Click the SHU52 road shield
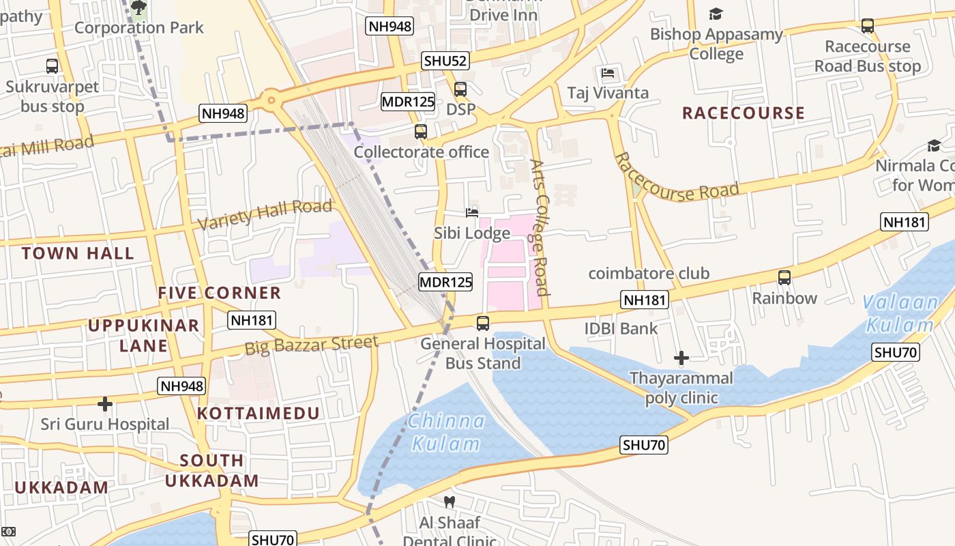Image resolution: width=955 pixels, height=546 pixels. pos(445,61)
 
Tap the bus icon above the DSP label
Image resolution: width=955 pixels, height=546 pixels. pos(460,89)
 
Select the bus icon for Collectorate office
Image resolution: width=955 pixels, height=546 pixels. pos(421,132)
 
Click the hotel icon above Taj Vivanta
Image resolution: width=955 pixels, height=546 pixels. pos(608,73)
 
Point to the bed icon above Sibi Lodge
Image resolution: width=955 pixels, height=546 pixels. pos(472,213)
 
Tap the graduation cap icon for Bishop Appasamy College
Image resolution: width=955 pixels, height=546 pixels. pos(716,14)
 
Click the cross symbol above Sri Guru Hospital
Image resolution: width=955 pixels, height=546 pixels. pos(105,404)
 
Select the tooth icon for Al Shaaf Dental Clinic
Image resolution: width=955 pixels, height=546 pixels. pos(449,502)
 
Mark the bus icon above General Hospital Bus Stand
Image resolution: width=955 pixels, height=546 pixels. pos(483,323)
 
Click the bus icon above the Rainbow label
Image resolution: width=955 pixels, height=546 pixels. pos(784,278)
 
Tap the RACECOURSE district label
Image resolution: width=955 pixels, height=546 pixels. pos(744,113)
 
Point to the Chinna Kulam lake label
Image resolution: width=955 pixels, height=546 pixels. pos(447,433)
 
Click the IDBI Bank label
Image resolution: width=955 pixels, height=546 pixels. pos(621,328)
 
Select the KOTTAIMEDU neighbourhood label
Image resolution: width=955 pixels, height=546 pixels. pos(259,413)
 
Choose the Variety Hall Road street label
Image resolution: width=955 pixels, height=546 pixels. pos(265,214)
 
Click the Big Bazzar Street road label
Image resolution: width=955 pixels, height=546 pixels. pos(311,345)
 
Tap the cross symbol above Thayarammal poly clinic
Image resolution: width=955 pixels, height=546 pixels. pos(681,358)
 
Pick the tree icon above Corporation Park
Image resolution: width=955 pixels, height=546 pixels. pos(138,8)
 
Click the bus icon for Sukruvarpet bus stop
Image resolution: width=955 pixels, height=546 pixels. pos(52,66)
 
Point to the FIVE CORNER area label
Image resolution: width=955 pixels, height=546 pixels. pos(220,293)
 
